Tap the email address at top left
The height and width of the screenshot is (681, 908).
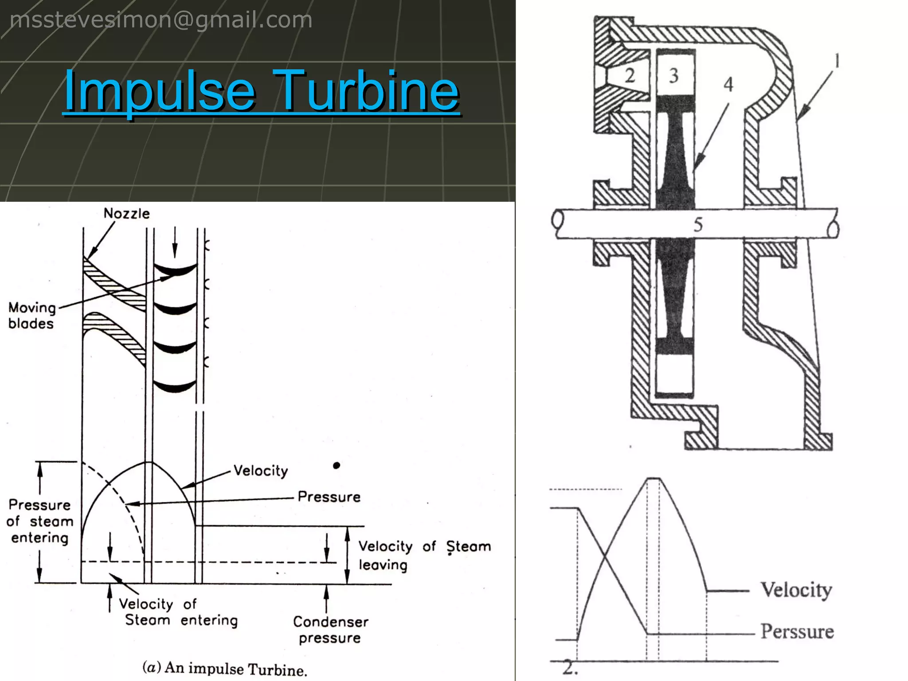click(x=161, y=20)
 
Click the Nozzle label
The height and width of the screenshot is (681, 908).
click(x=126, y=214)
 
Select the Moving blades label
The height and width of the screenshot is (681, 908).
click(x=31, y=316)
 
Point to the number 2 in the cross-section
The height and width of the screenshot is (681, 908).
click(x=630, y=75)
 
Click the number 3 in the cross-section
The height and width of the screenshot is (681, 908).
click(x=673, y=76)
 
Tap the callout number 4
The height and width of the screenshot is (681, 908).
click(x=728, y=84)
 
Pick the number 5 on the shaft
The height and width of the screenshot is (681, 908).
click(x=698, y=225)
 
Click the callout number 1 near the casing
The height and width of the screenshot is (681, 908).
click(x=836, y=61)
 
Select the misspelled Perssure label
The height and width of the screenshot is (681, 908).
click(x=797, y=631)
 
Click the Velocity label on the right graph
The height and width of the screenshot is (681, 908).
click(x=796, y=590)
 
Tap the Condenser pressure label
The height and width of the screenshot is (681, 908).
click(x=330, y=630)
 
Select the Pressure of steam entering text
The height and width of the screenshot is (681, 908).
click(x=39, y=521)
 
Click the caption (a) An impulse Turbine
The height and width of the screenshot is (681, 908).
click(x=224, y=668)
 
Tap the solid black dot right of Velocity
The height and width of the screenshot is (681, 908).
click(x=337, y=465)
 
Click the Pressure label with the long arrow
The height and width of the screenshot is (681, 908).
click(x=329, y=497)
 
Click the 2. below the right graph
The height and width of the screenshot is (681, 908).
click(x=570, y=668)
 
